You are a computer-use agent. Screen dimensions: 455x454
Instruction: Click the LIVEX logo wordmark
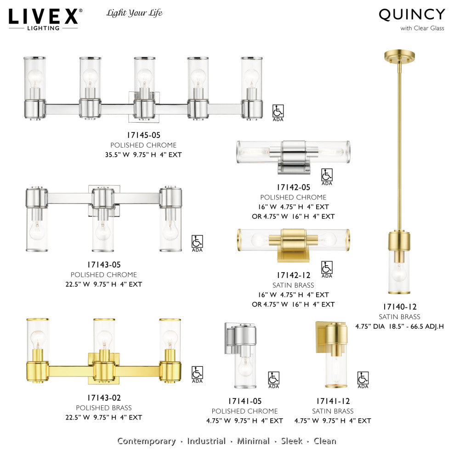(x=44, y=17)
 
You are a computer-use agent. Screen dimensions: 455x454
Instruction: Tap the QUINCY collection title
(x=412, y=15)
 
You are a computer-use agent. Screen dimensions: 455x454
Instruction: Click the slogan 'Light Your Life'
(x=135, y=13)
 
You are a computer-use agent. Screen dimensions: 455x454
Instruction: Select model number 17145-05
(x=143, y=135)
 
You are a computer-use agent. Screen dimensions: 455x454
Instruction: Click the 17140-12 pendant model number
(x=400, y=307)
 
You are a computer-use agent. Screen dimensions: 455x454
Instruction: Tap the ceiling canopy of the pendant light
(x=399, y=57)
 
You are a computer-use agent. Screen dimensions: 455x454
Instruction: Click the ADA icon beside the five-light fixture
(x=278, y=111)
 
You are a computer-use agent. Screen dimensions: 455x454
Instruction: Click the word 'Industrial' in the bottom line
(x=206, y=441)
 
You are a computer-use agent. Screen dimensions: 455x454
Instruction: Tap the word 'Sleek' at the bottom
(x=292, y=441)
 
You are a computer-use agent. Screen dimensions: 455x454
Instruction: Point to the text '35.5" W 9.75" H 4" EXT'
(x=143, y=155)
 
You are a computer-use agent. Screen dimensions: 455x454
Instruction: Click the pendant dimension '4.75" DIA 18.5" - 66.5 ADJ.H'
(x=400, y=327)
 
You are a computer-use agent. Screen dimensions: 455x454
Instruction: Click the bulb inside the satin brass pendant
(x=399, y=273)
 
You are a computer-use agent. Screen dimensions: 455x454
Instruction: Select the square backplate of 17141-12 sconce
(x=320, y=336)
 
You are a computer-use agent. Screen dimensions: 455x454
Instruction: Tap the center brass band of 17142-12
(x=294, y=240)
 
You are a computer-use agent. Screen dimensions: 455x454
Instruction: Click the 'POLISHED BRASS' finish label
(x=104, y=408)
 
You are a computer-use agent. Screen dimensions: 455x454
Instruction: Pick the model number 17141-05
(x=244, y=401)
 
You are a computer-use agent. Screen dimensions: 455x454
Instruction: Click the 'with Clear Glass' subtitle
(x=422, y=28)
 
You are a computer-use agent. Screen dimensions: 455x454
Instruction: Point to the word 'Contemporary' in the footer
(x=147, y=441)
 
